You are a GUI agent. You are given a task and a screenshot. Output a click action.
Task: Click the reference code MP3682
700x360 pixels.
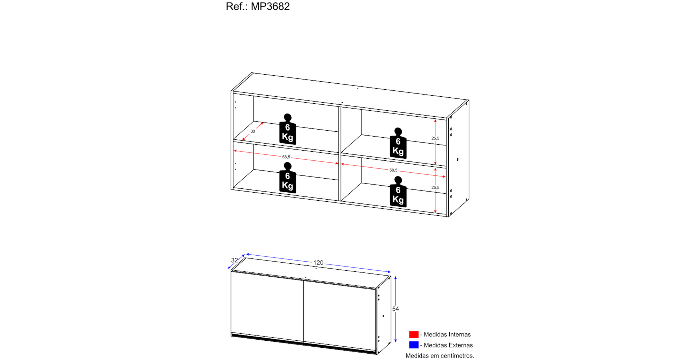tap(270, 6)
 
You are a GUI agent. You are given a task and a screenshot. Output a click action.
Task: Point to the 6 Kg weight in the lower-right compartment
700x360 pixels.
tap(398, 192)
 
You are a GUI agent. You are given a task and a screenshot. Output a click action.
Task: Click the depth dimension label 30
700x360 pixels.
tap(253, 131)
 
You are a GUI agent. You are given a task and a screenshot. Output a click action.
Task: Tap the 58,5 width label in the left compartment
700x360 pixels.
tap(286, 157)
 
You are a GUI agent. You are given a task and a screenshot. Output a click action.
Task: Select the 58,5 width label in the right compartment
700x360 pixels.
tap(393, 170)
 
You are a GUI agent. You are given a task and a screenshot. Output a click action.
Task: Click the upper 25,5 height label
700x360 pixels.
tap(435, 138)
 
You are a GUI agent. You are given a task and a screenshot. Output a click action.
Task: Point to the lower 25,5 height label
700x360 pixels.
tap(435, 187)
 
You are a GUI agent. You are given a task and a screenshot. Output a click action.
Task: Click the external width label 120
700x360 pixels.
tap(318, 263)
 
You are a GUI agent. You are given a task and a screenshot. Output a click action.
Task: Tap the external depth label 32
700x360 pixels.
tap(234, 260)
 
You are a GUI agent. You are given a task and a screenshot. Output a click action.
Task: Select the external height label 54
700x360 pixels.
tap(395, 309)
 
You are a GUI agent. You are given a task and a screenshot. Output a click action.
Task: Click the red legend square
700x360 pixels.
tap(414, 334)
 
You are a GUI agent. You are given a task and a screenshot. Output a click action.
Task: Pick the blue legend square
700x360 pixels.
tap(414, 345)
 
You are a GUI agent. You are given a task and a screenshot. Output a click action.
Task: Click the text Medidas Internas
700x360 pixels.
tap(447, 334)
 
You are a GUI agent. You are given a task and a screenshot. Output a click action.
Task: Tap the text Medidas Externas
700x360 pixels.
tap(448, 345)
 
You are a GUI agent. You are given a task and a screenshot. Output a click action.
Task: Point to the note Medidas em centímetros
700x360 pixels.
tap(440, 356)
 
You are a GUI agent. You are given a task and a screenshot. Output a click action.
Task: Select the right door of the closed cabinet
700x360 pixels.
tap(339, 315)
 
